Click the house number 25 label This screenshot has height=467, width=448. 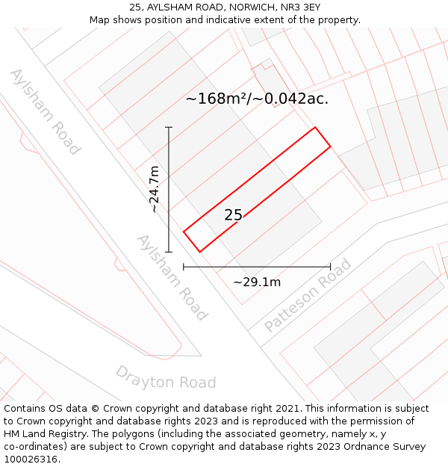(x=233, y=215)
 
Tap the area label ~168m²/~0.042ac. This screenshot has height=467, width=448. (x=257, y=99)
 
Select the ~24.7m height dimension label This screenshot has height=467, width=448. (x=155, y=189)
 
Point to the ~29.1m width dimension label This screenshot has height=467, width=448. (x=257, y=282)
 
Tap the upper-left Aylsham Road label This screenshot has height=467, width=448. (x=44, y=111)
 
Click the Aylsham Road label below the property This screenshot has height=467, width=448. (x=171, y=277)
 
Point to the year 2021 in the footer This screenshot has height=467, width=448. (x=287, y=409)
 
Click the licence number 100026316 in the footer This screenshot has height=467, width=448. (x=32, y=460)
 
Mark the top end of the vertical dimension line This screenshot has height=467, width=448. (x=169, y=127)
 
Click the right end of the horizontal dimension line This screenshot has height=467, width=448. (x=330, y=267)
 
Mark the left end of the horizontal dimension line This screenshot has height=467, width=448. (x=184, y=267)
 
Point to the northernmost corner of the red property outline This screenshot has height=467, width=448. (x=315, y=127)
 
